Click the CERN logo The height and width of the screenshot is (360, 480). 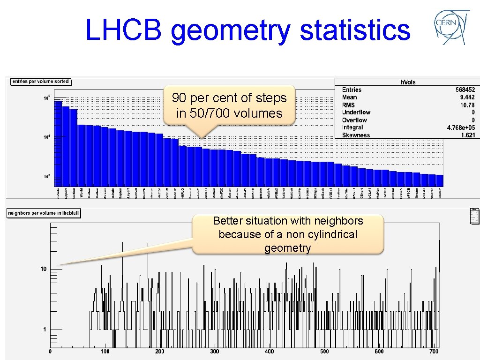click(452, 27)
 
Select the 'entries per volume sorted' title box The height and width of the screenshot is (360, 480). click(41, 82)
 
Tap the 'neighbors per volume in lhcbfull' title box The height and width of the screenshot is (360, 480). click(43, 214)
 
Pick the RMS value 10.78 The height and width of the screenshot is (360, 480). click(467, 105)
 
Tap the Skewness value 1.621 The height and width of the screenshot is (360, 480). click(467, 135)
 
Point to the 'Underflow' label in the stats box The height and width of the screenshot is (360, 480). click(356, 112)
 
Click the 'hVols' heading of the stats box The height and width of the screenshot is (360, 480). click(407, 82)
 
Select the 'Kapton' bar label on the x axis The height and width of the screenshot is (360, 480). click(120, 193)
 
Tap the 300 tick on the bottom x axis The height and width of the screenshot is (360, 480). click(214, 352)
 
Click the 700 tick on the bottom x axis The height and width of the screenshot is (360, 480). click(434, 352)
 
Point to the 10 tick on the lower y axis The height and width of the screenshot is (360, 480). click(43, 269)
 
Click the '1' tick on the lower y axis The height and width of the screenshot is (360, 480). click(45, 330)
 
